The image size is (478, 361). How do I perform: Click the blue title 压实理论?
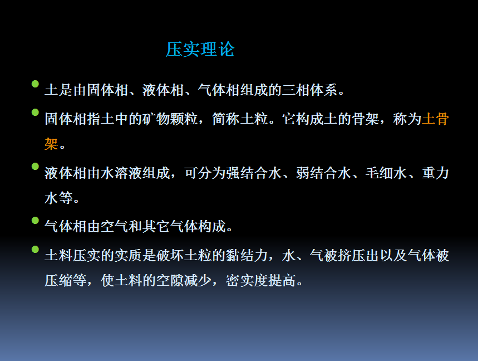click(200, 49)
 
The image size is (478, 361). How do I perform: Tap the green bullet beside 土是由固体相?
click(35, 84)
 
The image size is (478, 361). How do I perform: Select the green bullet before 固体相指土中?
click(35, 113)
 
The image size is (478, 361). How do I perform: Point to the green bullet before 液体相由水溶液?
click(35, 167)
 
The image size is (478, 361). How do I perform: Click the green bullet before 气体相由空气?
click(35, 220)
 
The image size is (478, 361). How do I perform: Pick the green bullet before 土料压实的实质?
click(35, 250)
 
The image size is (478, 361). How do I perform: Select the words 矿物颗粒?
click(170, 119)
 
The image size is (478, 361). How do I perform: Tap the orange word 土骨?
click(435, 119)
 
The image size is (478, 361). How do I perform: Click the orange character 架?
click(51, 144)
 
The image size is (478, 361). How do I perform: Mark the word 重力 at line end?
click(435, 173)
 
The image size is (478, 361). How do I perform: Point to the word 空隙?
click(170, 280)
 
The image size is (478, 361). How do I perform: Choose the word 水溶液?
click(121, 173)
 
